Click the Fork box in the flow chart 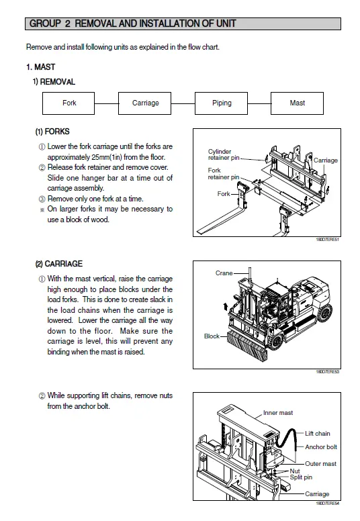click(69, 103)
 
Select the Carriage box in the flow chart click(144, 103)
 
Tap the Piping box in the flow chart click(221, 103)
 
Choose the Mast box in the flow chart click(297, 103)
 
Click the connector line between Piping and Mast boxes click(259, 103)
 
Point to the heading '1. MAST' click(40, 67)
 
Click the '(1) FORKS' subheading click(52, 132)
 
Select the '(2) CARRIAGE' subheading click(59, 264)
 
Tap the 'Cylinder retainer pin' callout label click(224, 154)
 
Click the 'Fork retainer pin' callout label click(224, 174)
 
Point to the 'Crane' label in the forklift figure click(224, 273)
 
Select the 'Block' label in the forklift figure click(212, 336)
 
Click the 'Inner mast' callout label click(278, 413)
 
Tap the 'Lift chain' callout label click(318, 434)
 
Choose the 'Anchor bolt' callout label click(321, 447)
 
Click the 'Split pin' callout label click(301, 477)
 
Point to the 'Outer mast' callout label click(321, 464)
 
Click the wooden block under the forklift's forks click(247, 346)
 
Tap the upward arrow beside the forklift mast click(226, 306)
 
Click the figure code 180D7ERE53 click(327, 372)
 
